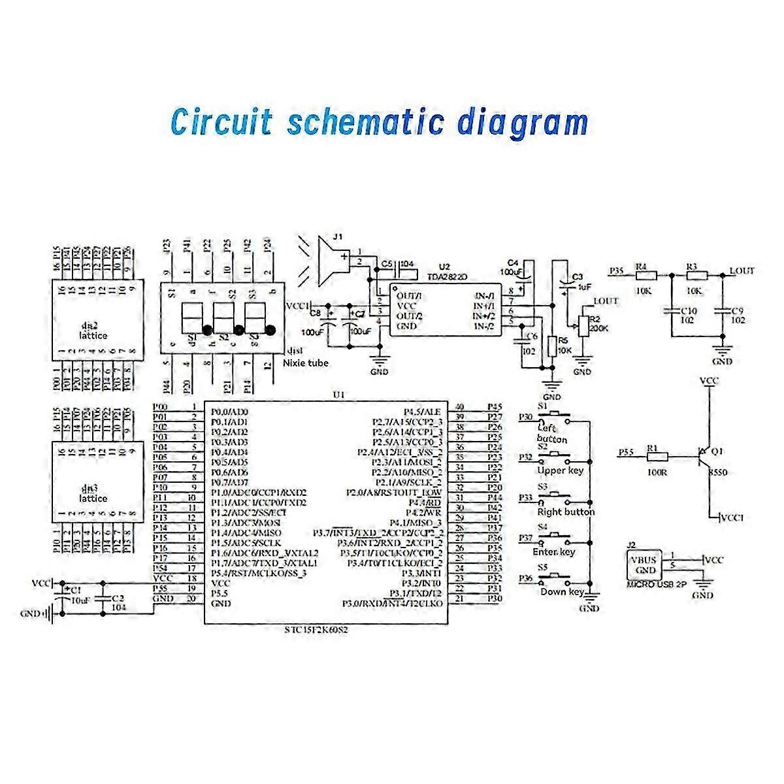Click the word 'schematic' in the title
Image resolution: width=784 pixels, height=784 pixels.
pyautogui.click(x=367, y=122)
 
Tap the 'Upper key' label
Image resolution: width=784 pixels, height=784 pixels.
pyautogui.click(x=559, y=470)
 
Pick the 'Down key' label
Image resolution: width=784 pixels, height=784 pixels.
pyautogui.click(x=561, y=592)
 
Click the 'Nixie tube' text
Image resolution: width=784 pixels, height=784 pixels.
pyautogui.click(x=306, y=363)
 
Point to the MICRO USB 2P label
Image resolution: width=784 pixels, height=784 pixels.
pyautogui.click(x=656, y=585)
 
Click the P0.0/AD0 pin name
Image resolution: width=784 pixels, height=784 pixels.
pyautogui.click(x=229, y=412)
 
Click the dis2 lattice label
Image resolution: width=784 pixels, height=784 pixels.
pyautogui.click(x=92, y=331)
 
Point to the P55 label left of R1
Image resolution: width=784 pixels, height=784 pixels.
pyautogui.click(x=626, y=451)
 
